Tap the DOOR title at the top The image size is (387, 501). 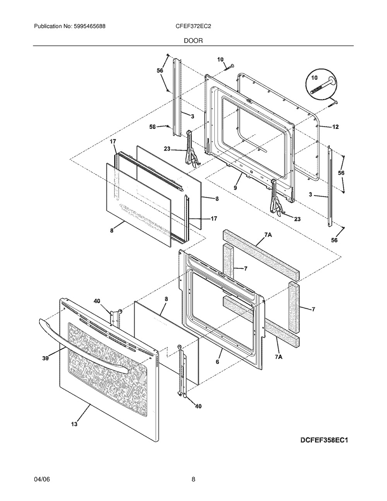click(193, 40)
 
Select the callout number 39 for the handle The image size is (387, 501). click(46, 359)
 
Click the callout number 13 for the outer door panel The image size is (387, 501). click(74, 424)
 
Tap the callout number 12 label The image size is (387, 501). click(335, 127)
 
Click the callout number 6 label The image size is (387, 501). click(217, 362)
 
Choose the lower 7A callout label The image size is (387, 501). click(279, 358)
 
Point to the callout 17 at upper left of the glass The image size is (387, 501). click(113, 142)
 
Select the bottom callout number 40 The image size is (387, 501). click(197, 407)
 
